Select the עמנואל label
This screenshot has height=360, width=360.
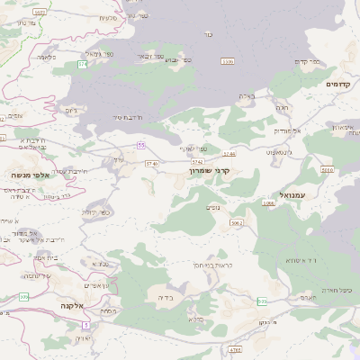coord(292,194)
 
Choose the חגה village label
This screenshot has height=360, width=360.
coord(282,108)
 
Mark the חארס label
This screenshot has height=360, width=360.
coord(306,297)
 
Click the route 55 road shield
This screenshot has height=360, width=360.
coord(141,144)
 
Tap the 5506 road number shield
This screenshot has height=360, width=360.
coord(228,61)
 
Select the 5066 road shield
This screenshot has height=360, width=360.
coord(269,203)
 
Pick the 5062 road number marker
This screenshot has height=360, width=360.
coord(237,222)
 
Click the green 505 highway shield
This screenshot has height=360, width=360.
coord(262,301)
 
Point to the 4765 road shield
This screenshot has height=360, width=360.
coord(236,348)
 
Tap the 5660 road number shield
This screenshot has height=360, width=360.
coord(327,169)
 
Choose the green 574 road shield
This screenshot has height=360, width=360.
coord(83,65)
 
